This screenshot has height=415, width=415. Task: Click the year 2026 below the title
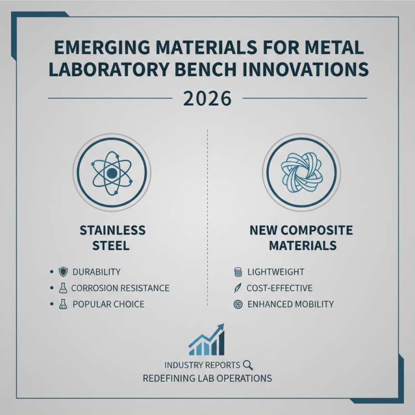208,98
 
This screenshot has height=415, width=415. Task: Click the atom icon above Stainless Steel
112,173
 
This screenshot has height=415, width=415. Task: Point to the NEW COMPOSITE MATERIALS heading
301,237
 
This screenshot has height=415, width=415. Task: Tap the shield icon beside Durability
62,272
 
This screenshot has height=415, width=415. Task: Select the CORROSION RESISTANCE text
120,288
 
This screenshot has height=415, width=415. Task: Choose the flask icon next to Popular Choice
62,304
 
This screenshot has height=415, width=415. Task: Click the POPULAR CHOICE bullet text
108,304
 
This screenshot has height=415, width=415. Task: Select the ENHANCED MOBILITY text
291,304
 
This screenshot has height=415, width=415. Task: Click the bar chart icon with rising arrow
207,340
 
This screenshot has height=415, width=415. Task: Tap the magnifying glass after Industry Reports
247,364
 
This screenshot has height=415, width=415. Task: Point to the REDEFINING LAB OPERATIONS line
208,378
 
